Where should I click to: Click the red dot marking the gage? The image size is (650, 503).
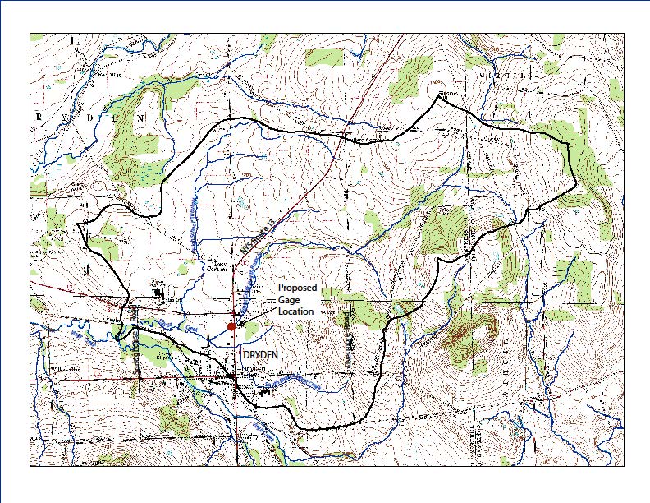pos(231,326)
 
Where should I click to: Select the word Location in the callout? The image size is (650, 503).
pos(295,311)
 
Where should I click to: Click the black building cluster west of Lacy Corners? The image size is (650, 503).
pos(158,290)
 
